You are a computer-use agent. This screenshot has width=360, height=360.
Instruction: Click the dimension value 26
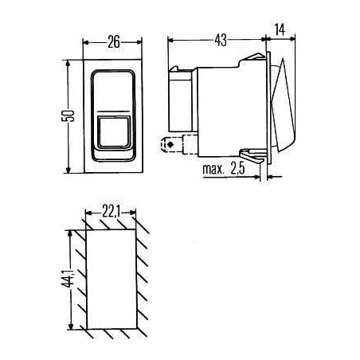(114, 42)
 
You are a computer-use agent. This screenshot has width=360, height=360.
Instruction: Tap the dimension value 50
(68, 115)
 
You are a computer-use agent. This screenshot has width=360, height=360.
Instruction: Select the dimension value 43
(221, 40)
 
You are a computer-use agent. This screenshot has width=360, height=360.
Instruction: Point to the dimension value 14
(280, 29)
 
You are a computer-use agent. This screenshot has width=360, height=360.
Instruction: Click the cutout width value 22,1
(112, 212)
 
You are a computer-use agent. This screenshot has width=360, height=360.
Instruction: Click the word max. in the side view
(213, 169)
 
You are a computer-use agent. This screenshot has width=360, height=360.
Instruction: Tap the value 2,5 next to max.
(237, 169)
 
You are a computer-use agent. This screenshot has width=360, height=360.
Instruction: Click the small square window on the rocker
(114, 132)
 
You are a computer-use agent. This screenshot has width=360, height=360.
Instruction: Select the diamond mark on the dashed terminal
(170, 145)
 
